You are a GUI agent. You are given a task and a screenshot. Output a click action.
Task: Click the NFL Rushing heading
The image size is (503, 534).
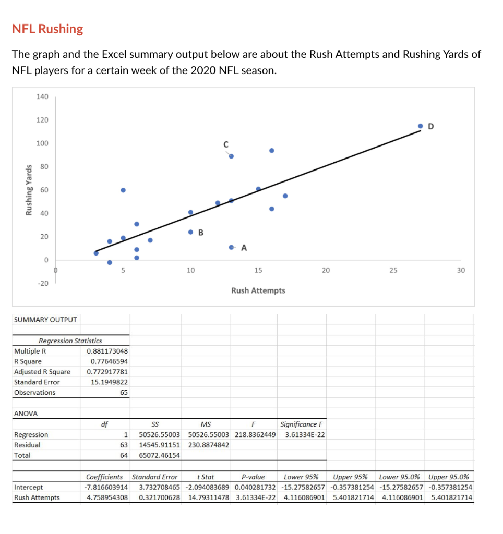[47, 29]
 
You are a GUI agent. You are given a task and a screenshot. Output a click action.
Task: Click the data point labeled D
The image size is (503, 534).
[421, 126]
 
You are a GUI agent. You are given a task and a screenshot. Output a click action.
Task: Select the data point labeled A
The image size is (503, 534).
[231, 247]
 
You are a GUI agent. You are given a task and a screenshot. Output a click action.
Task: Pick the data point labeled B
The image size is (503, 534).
[190, 232]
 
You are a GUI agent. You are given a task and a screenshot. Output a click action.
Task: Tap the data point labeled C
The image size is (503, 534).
[231, 156]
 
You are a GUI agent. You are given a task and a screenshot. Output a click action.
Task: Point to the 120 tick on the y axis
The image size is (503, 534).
[42, 120]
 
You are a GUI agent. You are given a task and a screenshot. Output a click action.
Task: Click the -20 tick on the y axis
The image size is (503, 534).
[42, 283]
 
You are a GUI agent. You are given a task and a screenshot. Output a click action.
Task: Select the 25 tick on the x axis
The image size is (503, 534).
[393, 270]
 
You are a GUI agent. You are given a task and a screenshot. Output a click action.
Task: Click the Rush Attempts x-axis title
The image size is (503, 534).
[258, 290]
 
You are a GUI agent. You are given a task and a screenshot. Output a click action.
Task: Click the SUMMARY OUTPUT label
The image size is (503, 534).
[45, 319]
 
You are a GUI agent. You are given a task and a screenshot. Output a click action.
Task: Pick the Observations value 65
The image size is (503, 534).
[124, 392]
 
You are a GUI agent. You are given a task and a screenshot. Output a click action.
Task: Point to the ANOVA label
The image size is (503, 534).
[26, 414]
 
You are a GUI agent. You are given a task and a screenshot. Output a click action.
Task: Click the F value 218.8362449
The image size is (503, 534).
[255, 434]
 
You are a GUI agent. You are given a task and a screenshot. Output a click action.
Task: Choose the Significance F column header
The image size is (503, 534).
[303, 424]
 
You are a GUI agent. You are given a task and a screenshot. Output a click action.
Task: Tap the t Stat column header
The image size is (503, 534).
[205, 477]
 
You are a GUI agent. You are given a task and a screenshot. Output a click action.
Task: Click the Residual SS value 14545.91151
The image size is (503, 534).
[159, 445]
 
